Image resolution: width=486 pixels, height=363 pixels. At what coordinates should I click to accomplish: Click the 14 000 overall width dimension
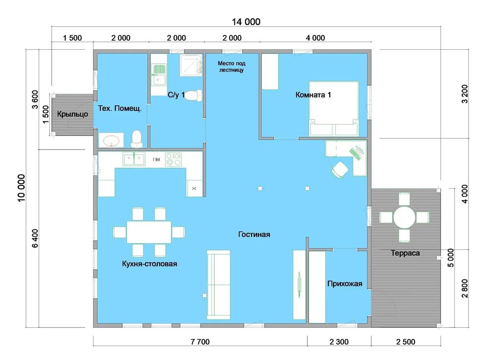tap(246, 22)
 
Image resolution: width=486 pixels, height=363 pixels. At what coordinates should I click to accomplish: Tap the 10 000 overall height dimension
tap(21, 188)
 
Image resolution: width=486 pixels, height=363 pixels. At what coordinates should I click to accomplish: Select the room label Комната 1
tap(313, 95)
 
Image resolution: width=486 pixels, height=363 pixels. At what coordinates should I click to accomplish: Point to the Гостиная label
tap(254, 234)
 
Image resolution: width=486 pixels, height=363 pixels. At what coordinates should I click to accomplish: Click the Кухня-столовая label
tap(149, 264)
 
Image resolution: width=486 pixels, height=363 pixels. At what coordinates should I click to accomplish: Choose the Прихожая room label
tap(345, 284)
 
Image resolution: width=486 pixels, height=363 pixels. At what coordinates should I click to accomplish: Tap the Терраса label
tap(405, 253)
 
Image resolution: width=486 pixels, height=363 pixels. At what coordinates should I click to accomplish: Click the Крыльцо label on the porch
tap(72, 115)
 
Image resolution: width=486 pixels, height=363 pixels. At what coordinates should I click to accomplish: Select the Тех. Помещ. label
tap(120, 108)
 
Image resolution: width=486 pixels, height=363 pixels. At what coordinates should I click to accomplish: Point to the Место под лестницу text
tap(231, 67)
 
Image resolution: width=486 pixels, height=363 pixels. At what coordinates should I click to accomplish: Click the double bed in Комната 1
tap(334, 108)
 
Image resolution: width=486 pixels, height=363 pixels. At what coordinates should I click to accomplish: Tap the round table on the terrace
tap(404, 217)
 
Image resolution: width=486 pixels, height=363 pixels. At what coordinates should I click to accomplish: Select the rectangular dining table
tap(149, 232)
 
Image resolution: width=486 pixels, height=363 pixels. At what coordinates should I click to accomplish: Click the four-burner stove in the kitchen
tap(173, 159)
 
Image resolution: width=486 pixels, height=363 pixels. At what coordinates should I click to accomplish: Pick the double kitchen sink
tap(134, 159)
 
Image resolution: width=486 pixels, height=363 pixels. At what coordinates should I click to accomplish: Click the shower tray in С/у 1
tap(191, 65)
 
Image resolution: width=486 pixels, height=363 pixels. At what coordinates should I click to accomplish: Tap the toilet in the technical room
tap(136, 139)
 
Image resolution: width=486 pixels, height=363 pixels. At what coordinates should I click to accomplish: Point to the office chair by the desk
tap(339, 170)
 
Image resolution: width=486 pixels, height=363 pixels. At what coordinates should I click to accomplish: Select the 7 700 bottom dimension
tap(200, 342)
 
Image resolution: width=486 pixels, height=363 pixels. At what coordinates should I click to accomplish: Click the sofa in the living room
tap(219, 285)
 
